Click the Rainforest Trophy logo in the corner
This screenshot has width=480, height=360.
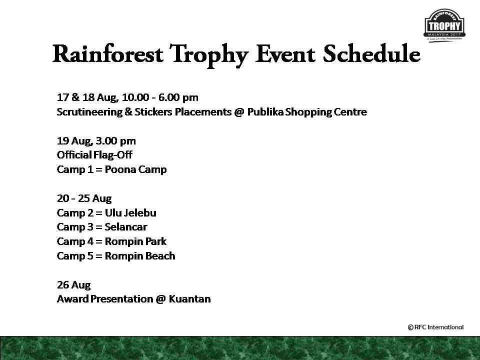pyautogui.click(x=444, y=25)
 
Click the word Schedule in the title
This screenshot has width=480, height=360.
pyautogui.click(x=371, y=54)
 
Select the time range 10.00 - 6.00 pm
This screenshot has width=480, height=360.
pyautogui.click(x=160, y=97)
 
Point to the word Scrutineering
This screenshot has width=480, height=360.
pyautogui.click(x=89, y=112)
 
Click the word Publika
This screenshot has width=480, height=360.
pyautogui.click(x=265, y=111)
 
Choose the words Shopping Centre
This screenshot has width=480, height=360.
pyautogui.click(x=326, y=112)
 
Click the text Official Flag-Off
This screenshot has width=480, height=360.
pyautogui.click(x=94, y=155)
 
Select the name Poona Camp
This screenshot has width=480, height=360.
pyautogui.click(x=135, y=169)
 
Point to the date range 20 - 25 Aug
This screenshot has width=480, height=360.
pyautogui.click(x=84, y=198)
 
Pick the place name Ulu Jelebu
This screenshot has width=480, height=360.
pyautogui.click(x=130, y=213)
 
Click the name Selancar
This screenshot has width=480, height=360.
pyautogui.click(x=126, y=227)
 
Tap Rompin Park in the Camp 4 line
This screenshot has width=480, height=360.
pyautogui.click(x=135, y=241)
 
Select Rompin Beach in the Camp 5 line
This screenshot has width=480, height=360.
pyautogui.click(x=140, y=256)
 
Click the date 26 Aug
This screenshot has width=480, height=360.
pyautogui.click(x=74, y=285)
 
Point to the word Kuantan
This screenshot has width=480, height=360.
pyautogui.click(x=190, y=299)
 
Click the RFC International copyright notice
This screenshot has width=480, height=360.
pyautogui.click(x=435, y=327)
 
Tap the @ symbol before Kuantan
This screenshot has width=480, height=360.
pyautogui.click(x=160, y=299)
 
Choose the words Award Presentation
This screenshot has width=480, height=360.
pyautogui.click(x=105, y=299)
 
